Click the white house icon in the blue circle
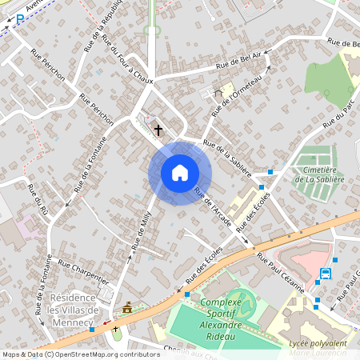click(x=179, y=173)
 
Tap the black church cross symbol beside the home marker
click(x=158, y=129)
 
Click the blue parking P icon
click(x=20, y=18)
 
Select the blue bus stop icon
click(x=326, y=274)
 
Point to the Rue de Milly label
click(x=142, y=230)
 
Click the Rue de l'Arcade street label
click(x=213, y=210)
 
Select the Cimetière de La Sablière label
click(x=319, y=174)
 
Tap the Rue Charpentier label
click(x=83, y=271)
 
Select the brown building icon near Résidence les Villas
click(x=127, y=307)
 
